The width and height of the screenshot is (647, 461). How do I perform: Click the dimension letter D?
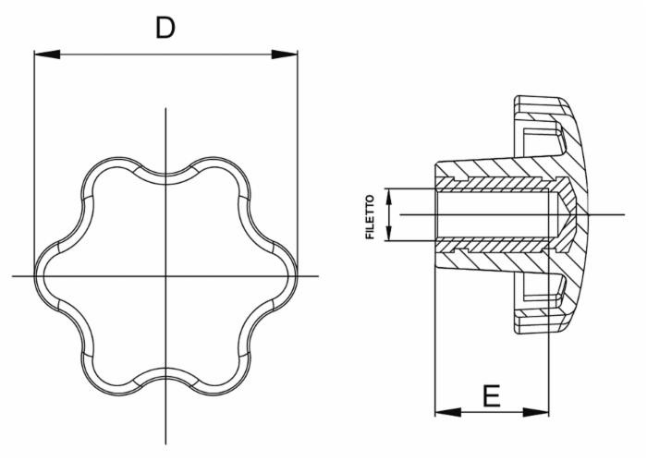165,28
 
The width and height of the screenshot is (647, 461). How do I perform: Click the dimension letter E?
492,396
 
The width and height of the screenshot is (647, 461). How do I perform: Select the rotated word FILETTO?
371,216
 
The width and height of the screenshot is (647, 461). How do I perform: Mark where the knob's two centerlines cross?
166,276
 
